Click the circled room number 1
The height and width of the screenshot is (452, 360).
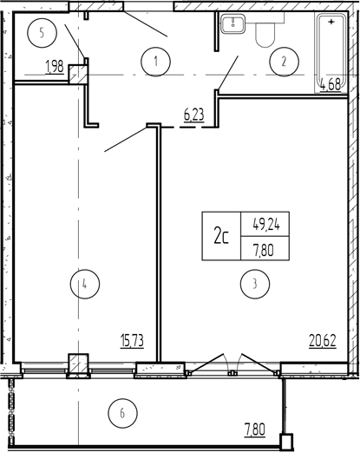[x=156, y=62]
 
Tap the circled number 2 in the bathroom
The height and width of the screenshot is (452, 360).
[x=284, y=62]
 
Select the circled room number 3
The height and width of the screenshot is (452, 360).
[x=255, y=284]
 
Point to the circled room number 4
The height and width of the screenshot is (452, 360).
[x=85, y=284]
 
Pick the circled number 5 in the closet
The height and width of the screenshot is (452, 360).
[x=42, y=33]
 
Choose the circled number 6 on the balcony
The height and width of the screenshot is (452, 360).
[x=122, y=413]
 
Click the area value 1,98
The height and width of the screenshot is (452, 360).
[x=55, y=67]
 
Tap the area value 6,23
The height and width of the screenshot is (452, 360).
[x=194, y=115]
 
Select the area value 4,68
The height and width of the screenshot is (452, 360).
[x=331, y=86]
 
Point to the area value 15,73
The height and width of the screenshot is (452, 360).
[x=132, y=340]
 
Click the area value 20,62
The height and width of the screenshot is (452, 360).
[x=323, y=340]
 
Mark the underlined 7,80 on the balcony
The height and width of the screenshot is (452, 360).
[x=255, y=429]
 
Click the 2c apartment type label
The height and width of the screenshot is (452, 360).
[x=221, y=236]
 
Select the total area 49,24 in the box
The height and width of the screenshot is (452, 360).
[x=266, y=224]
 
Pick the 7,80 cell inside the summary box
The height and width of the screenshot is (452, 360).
[x=264, y=249]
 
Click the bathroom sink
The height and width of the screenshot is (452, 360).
[x=233, y=23]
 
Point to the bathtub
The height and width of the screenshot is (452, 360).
[x=331, y=54]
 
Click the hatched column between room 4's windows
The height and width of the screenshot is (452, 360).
[x=78, y=364]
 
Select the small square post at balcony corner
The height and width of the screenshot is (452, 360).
[x=286, y=441]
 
